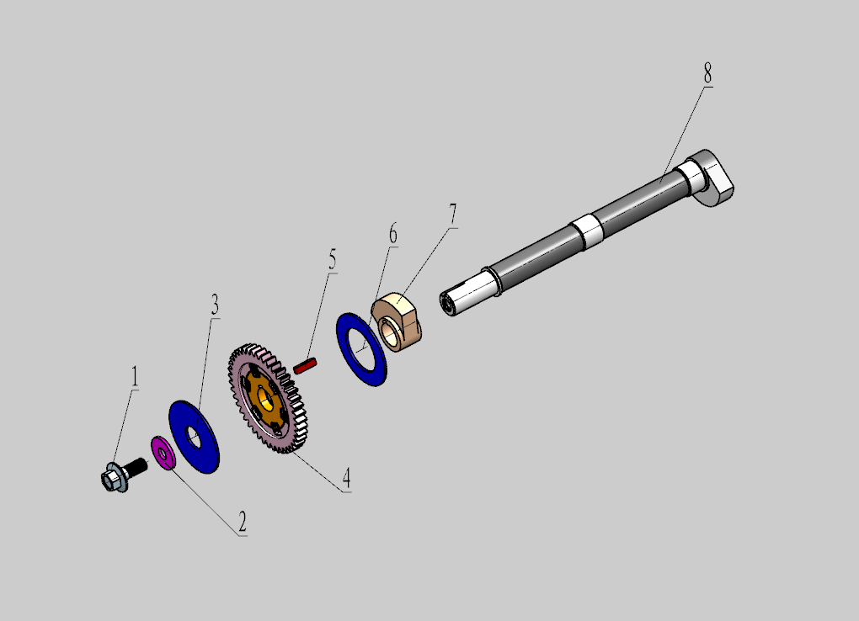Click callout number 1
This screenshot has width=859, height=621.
[x=134, y=377]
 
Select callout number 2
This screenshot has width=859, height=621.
[x=243, y=523]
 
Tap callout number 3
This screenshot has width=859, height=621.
[x=215, y=305]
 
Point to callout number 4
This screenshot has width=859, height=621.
[x=346, y=479]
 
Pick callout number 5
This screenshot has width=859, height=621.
[x=333, y=259]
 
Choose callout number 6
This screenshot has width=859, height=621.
[x=392, y=234]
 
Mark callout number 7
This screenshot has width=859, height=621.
[x=452, y=214]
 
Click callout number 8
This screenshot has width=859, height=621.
[x=707, y=73]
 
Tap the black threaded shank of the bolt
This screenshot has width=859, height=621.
[x=136, y=467]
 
